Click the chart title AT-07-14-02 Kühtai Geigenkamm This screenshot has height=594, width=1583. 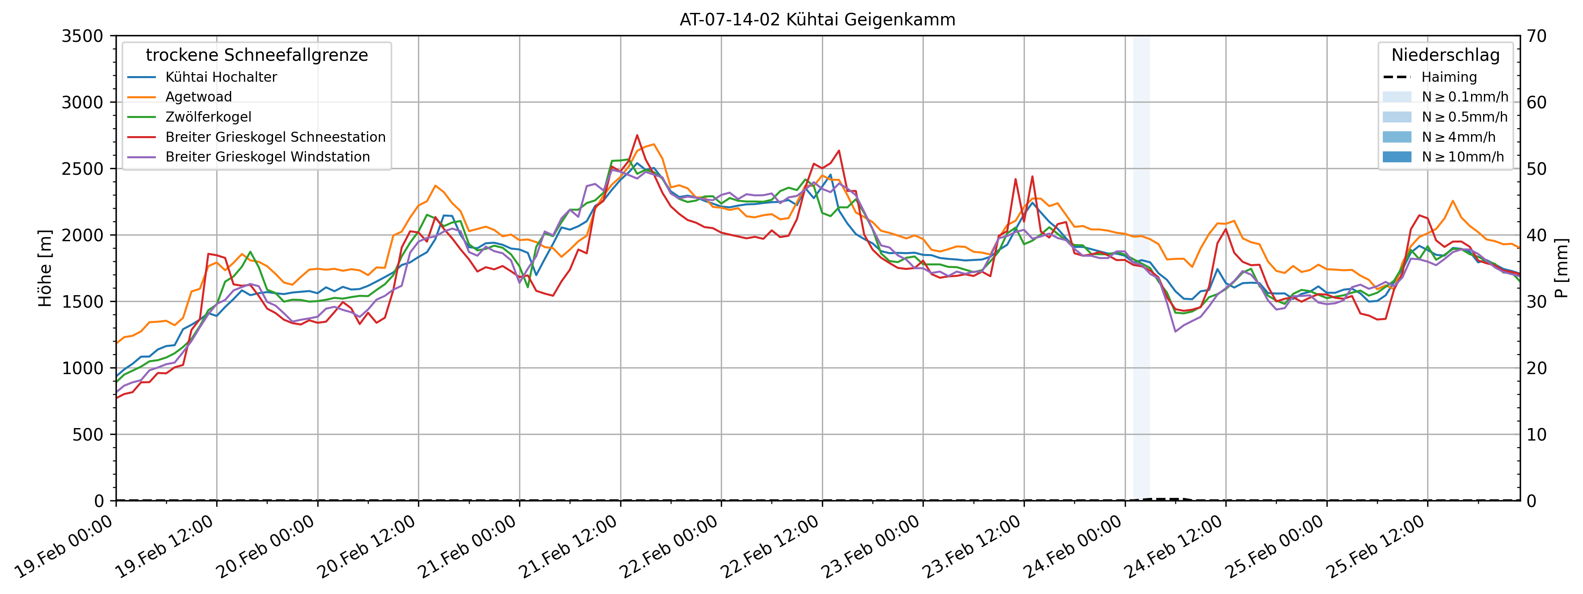[817, 20]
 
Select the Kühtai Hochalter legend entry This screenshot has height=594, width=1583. [202, 77]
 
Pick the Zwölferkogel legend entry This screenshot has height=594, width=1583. [189, 117]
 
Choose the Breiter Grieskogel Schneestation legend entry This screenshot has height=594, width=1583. [256, 137]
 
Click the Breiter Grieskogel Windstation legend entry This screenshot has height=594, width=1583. [248, 157]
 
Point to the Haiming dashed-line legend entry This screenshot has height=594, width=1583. [1429, 77]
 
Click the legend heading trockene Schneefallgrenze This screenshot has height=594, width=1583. [257, 55]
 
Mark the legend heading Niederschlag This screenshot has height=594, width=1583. [1445, 55]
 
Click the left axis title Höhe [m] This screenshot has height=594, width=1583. [45, 269]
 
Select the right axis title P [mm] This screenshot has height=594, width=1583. [1562, 269]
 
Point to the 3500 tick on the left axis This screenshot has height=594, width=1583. [82, 36]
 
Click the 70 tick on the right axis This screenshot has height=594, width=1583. [1537, 36]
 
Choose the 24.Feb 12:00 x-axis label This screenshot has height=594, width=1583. [1173, 547]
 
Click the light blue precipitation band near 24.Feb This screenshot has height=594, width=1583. [1141, 268]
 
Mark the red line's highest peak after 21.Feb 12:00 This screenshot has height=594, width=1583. [637, 135]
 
